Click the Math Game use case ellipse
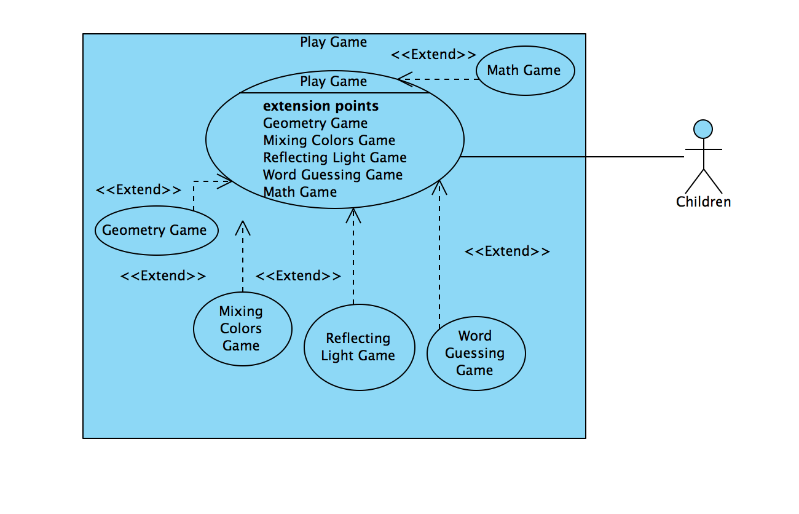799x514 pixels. pos(524,70)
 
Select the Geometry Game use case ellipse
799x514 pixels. pos(155,231)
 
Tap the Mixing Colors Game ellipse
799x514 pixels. pos(242,329)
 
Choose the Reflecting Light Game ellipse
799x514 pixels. pos(359,347)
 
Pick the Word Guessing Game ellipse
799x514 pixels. pos(476,354)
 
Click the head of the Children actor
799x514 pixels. pos(703,129)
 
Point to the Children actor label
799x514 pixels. pos(703,202)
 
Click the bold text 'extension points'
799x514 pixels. pos(321,106)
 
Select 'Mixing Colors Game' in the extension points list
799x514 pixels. pos(329,140)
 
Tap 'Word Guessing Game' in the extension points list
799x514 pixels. pos(333,175)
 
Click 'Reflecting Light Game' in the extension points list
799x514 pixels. pos(335,157)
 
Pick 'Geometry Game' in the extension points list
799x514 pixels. pos(315,123)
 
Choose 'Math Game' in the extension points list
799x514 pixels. pos(300,192)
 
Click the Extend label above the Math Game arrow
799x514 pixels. pos(433,54)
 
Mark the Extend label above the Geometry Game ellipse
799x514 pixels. pos(138,189)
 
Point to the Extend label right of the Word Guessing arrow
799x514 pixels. pos(507,251)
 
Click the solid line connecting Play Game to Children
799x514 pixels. pos(572,157)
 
